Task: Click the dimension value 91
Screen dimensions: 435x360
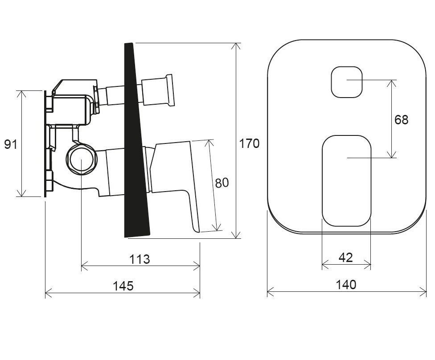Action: [x=11, y=144]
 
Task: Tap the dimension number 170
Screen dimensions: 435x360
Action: [x=249, y=143]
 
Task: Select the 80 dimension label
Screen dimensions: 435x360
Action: [x=222, y=183]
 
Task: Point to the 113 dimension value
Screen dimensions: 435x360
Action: [x=140, y=259]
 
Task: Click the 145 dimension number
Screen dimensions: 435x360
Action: [x=123, y=286]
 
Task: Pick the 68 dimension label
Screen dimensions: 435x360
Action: [x=402, y=120]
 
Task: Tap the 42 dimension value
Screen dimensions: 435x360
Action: [x=346, y=258]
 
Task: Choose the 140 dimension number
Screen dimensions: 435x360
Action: [x=346, y=285]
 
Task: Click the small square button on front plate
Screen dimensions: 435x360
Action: [x=347, y=82]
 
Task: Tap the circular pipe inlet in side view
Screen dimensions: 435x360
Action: [x=81, y=160]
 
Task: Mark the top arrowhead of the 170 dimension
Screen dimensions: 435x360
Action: [x=236, y=46]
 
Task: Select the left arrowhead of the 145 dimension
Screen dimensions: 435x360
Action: [x=49, y=292]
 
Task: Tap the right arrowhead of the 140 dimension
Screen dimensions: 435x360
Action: [x=423, y=292]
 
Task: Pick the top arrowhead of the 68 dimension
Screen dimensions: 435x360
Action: [x=391, y=83]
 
